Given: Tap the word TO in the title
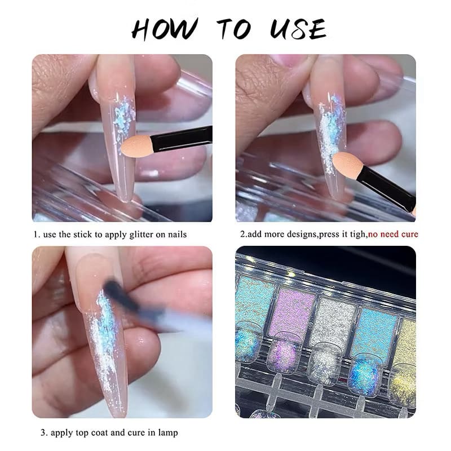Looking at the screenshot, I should coord(231,28).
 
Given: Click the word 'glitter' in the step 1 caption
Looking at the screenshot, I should coord(141,233).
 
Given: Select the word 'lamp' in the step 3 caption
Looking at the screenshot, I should coord(167,433).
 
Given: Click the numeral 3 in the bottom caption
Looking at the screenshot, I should coord(42,433).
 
